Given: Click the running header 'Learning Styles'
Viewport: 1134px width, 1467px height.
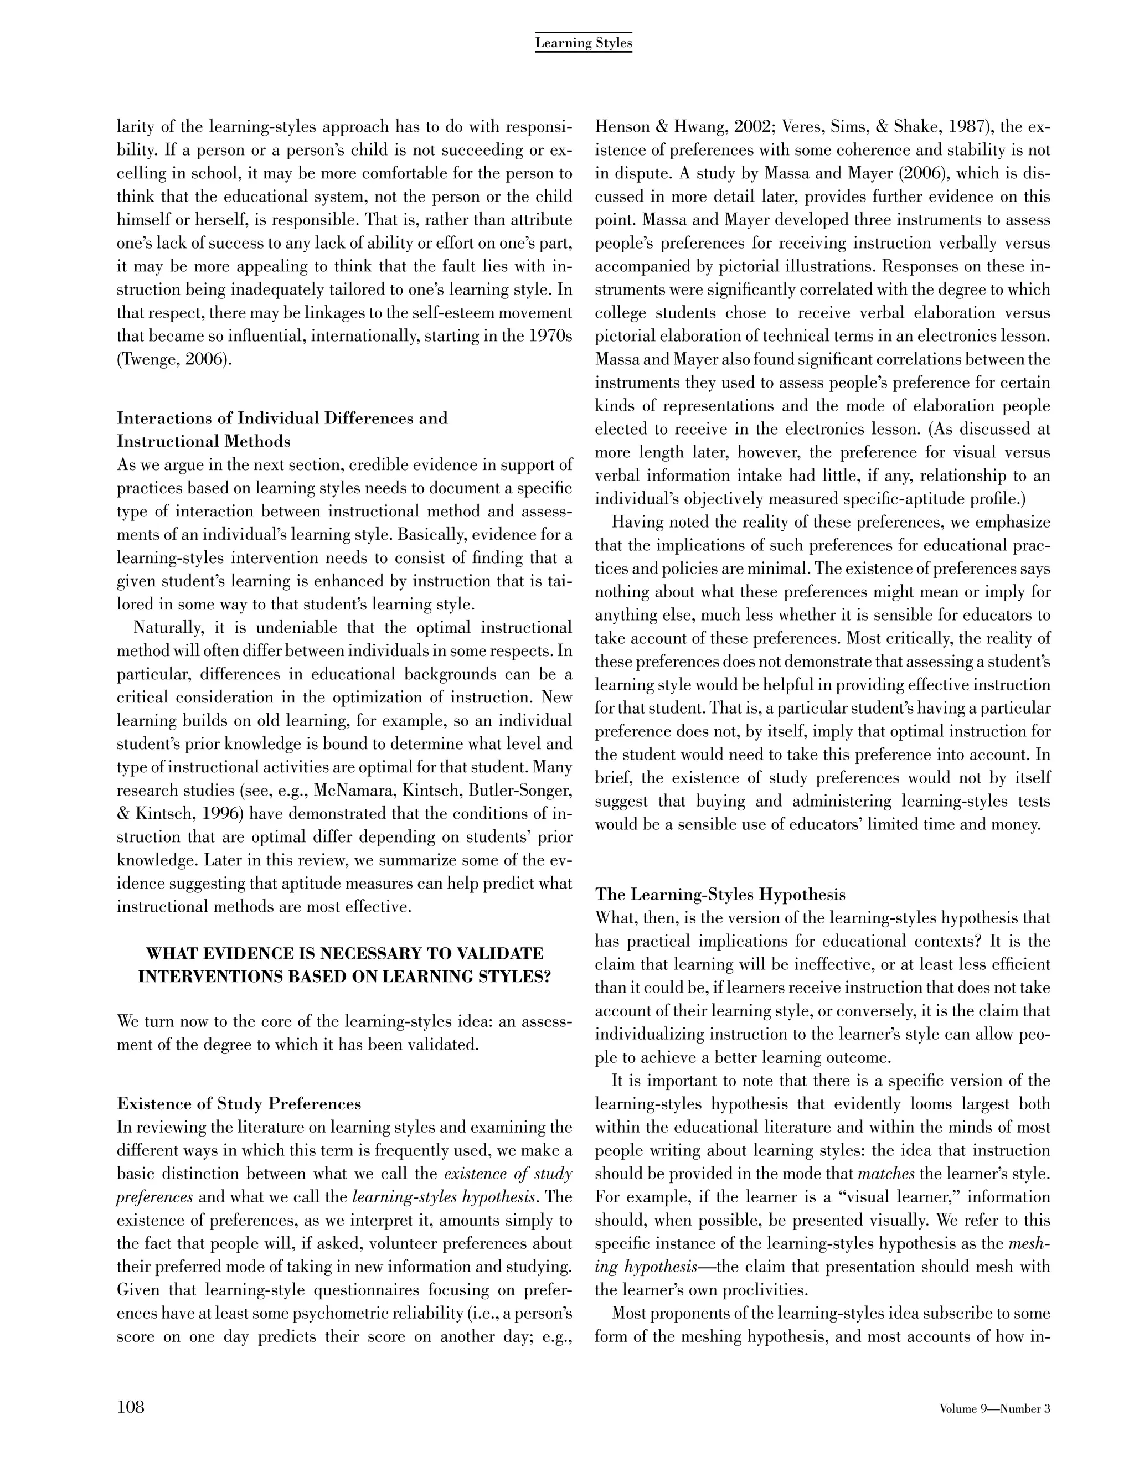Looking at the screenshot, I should pyautogui.click(x=583, y=44).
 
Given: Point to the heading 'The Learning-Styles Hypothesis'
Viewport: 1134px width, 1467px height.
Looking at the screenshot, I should pyautogui.click(x=720, y=895).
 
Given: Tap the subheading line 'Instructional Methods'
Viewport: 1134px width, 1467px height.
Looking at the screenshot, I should pyautogui.click(x=204, y=441).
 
